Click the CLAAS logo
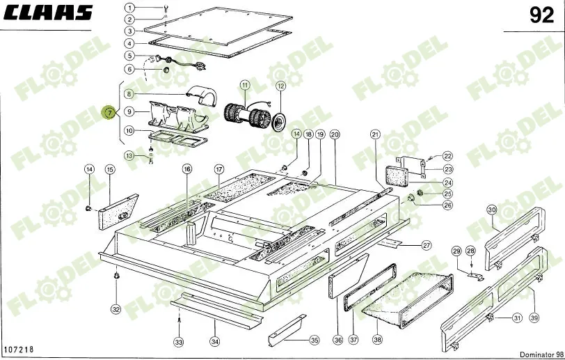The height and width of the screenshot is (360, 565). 48,13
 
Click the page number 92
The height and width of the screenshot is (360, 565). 541,15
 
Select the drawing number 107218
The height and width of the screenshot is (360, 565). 19,349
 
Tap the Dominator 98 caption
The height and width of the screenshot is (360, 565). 541,355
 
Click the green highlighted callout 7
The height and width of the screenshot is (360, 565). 109,113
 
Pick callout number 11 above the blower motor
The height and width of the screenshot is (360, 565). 245,86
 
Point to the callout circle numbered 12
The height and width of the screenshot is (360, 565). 280,86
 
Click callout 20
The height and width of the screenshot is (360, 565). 335,134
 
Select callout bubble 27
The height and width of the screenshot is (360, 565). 427,246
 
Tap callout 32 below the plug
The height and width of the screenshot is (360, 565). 116,309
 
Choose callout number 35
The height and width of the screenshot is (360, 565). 315,340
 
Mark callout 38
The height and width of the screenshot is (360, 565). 377,339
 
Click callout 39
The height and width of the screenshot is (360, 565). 534,318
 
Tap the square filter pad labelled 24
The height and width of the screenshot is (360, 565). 397,175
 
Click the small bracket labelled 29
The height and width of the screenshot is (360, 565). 476,276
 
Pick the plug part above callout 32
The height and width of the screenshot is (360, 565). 116,276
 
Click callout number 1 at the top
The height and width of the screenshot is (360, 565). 130,8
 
